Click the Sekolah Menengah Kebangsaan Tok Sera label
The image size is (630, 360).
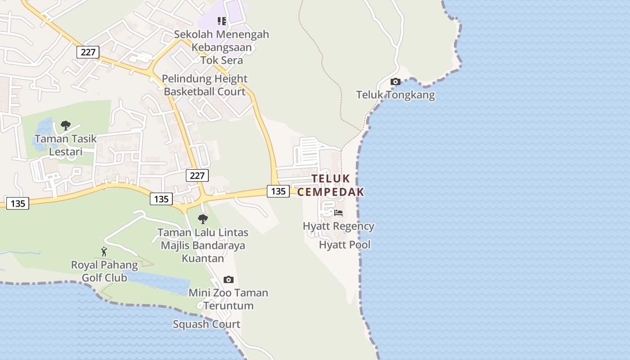pyautogui.click(x=221, y=47)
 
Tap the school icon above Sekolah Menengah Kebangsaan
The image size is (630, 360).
pyautogui.click(x=221, y=21)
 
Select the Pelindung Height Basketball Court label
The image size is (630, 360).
pyautogui.click(x=205, y=85)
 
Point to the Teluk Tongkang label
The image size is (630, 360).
pyautogui.click(x=396, y=95)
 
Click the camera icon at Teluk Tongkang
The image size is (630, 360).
pyautogui.click(x=396, y=81)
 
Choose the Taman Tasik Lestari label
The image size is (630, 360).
pyautogui.click(x=66, y=145)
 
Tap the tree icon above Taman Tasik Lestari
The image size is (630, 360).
pyautogui.click(x=66, y=126)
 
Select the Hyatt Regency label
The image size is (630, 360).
pyautogui.click(x=338, y=226)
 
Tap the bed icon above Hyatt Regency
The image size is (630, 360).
pyautogui.click(x=338, y=212)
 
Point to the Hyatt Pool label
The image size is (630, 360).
pyautogui.click(x=345, y=245)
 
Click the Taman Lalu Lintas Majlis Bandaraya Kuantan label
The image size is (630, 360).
pyautogui.click(x=202, y=245)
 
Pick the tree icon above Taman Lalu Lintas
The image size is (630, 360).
pyautogui.click(x=203, y=219)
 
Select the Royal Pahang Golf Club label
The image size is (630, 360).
pyautogui.click(x=104, y=271)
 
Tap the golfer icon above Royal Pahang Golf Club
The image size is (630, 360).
pyautogui.click(x=104, y=252)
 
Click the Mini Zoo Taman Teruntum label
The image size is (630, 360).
pyautogui.click(x=228, y=299)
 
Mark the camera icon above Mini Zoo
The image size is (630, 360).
pyautogui.click(x=229, y=280)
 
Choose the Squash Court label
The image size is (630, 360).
pyautogui.click(x=207, y=324)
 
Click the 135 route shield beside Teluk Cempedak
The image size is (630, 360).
pyautogui.click(x=278, y=191)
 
